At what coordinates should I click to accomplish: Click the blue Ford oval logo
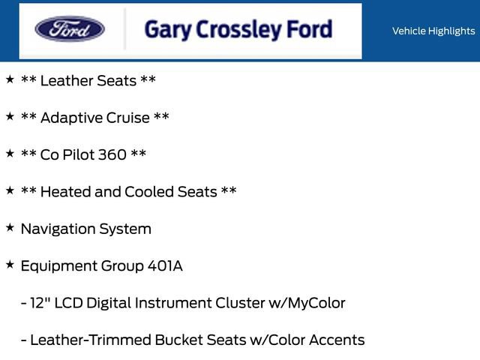[x=70, y=30]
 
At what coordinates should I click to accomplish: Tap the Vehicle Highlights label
[x=433, y=31]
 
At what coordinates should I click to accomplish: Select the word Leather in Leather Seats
[x=67, y=80]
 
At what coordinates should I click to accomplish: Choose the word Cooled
[x=149, y=192]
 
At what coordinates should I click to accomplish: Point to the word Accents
[x=336, y=340]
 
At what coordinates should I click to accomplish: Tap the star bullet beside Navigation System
[x=9, y=227]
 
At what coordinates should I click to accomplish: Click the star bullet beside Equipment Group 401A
[x=9, y=265]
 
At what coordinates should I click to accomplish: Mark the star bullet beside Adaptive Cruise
[x=9, y=116]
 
